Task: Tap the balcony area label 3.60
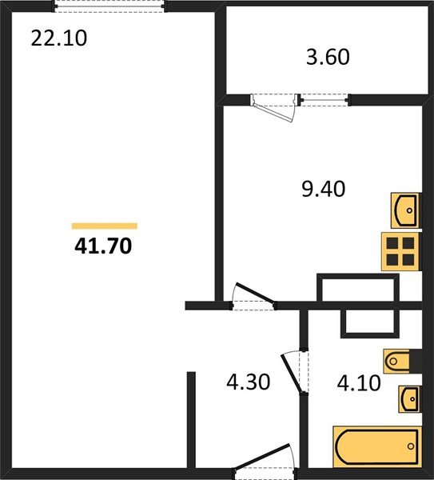[x=328, y=58]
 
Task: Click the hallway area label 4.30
[x=248, y=382]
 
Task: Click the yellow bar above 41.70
[x=104, y=226]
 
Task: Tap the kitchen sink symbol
[x=406, y=210]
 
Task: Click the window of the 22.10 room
[x=109, y=6]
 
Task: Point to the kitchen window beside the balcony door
[x=325, y=100]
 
